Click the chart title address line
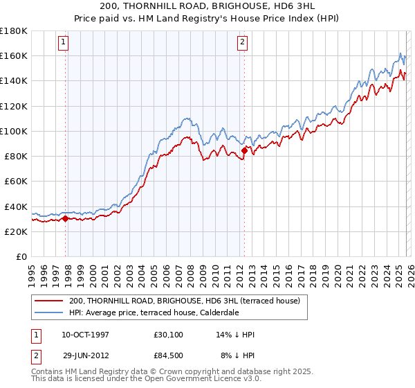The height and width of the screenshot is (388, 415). tap(207, 7)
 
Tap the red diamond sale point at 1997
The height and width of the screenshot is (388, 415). tap(65, 219)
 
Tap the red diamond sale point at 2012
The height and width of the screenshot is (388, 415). tap(244, 150)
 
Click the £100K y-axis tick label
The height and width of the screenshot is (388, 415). tap(14, 131)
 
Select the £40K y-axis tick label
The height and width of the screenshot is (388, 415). tap(16, 206)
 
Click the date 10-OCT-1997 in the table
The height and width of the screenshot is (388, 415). tap(85, 335)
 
